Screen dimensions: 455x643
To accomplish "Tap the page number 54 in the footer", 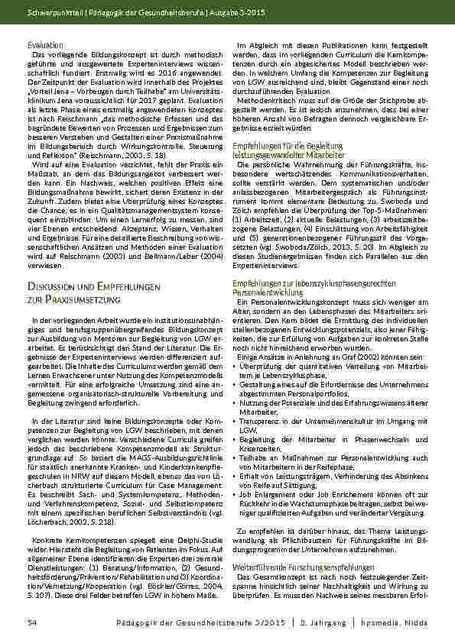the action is (x=32, y=623).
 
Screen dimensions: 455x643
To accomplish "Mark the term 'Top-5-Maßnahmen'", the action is (x=392, y=192).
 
